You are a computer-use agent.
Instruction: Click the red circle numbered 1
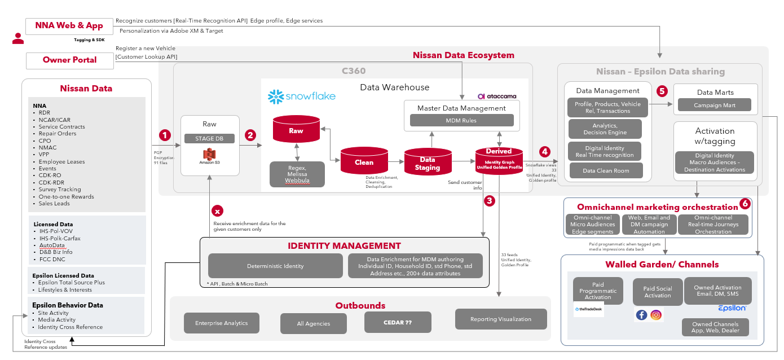point(165,135)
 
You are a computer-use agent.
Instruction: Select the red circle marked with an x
point(217,210)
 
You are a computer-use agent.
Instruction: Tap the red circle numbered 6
point(745,204)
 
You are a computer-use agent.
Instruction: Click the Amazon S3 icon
point(210,156)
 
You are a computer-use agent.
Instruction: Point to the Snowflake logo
point(302,96)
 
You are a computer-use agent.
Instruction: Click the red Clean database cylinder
point(364,161)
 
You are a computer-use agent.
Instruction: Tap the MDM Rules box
point(461,120)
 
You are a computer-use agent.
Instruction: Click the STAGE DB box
point(209,138)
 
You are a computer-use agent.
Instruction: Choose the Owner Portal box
point(69,60)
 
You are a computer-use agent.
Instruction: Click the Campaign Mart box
point(714,105)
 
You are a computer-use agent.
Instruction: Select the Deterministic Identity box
point(275,266)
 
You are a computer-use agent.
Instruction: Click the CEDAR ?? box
point(398,322)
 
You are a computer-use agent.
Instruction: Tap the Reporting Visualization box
point(501,319)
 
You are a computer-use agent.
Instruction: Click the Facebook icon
point(641,315)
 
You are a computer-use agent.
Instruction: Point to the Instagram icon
point(656,315)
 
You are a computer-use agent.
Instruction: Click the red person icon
point(18,38)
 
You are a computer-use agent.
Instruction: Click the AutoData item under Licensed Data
point(52,245)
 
